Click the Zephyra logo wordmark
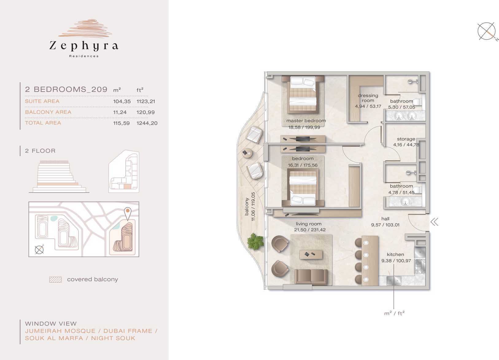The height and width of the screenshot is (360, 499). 84,46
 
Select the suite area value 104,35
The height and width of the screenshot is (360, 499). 122,101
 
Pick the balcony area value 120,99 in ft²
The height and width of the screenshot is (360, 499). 145,112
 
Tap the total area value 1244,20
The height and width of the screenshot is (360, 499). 147,123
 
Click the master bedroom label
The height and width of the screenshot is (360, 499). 306,121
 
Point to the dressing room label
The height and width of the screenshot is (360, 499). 368,98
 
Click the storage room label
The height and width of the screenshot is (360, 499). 406,139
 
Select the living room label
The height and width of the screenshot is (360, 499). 308,224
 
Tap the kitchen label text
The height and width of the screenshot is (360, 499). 395,254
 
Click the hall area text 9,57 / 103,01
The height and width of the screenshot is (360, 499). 385,225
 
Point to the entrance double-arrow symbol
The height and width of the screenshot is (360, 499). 434,222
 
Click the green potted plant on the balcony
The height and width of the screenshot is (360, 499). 256,241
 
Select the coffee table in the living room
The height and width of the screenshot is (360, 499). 311,254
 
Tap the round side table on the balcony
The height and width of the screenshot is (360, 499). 247,153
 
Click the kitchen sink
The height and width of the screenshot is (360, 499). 394,281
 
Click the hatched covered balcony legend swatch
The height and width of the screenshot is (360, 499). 56,280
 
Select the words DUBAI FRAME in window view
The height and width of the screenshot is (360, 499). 128,331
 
